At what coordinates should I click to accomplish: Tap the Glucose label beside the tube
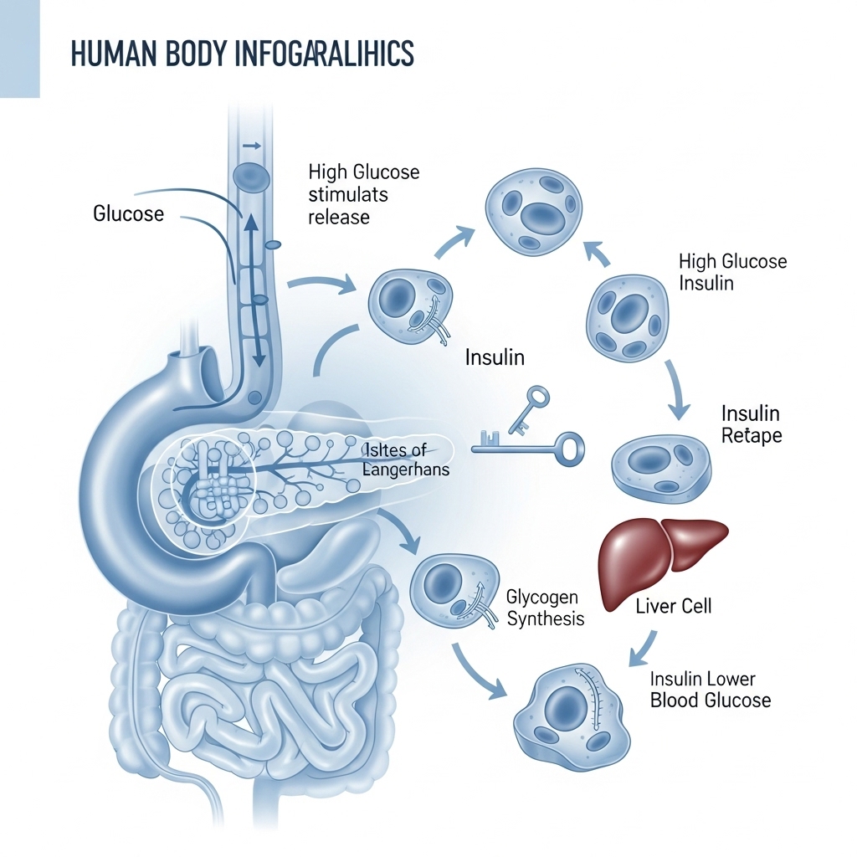point(128,213)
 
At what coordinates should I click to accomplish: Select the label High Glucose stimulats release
point(363,194)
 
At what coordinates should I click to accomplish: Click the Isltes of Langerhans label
point(406,460)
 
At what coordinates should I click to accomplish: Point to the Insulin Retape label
point(751,424)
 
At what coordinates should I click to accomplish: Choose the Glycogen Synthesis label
point(545,608)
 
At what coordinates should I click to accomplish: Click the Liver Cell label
point(673,605)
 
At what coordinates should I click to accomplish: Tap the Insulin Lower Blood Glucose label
point(711,689)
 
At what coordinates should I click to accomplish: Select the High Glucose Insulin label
point(732,272)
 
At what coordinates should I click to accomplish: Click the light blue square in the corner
point(19,49)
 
